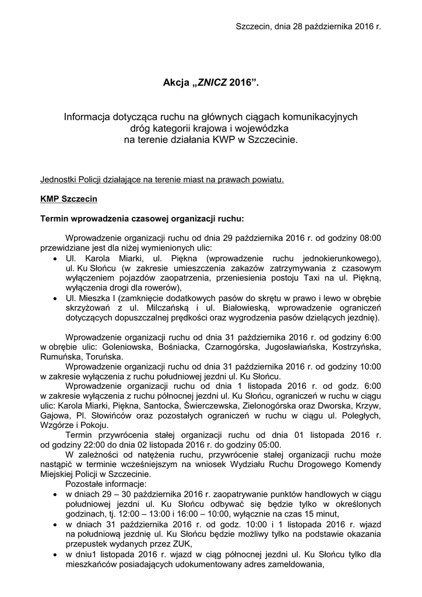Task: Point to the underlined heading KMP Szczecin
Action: pos(69,199)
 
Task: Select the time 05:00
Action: pos(268,445)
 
